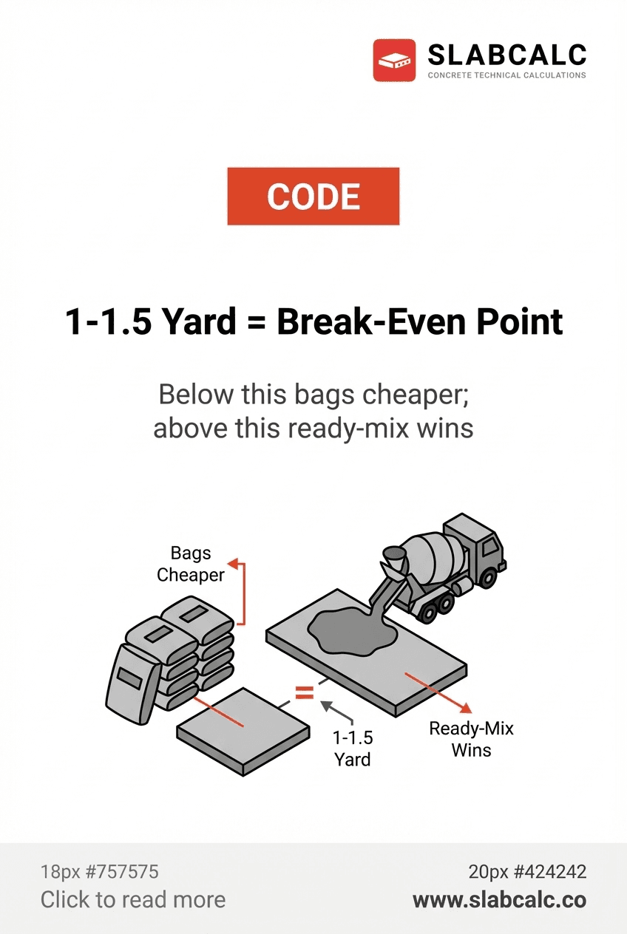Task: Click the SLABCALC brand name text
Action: click(x=507, y=55)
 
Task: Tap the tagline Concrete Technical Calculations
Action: click(x=507, y=75)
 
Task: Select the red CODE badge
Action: click(x=313, y=197)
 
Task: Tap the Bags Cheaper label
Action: click(x=191, y=564)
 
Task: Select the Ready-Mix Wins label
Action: click(x=471, y=739)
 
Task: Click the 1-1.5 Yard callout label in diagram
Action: click(x=353, y=748)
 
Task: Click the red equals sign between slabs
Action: click(x=305, y=692)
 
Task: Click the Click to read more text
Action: click(x=133, y=899)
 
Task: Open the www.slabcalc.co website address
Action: click(x=499, y=899)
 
